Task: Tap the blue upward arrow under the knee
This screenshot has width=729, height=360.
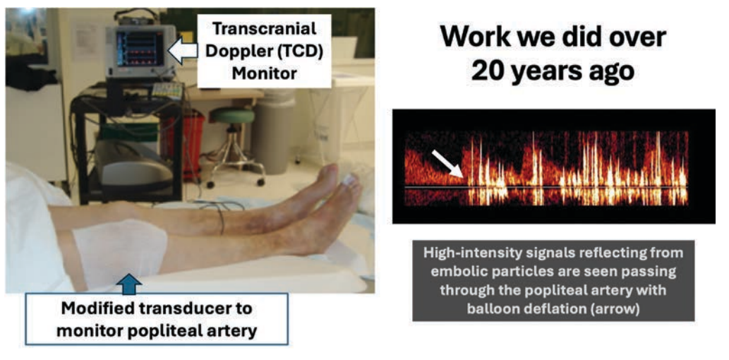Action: (132, 283)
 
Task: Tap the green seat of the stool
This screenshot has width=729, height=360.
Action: (233, 116)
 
